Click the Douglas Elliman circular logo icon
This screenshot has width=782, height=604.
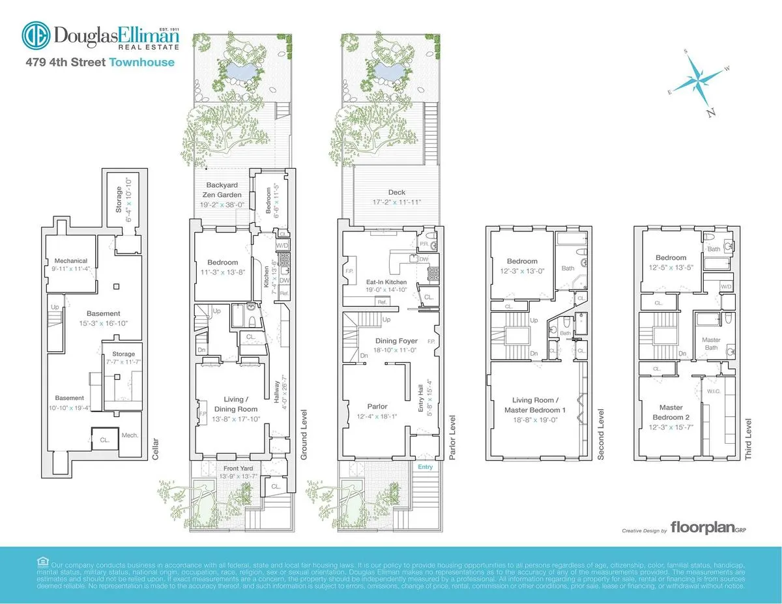[36, 36]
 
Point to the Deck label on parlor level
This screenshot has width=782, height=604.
[396, 192]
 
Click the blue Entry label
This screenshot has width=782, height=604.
[425, 467]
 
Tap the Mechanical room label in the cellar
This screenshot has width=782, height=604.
[70, 261]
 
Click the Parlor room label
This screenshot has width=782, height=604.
[373, 407]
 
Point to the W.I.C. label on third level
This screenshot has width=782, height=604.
[713, 392]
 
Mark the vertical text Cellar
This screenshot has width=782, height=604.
[154, 449]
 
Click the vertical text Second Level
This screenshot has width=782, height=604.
[601, 435]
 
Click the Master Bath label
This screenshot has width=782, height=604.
[711, 343]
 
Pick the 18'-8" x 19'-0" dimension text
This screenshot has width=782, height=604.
[534, 420]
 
